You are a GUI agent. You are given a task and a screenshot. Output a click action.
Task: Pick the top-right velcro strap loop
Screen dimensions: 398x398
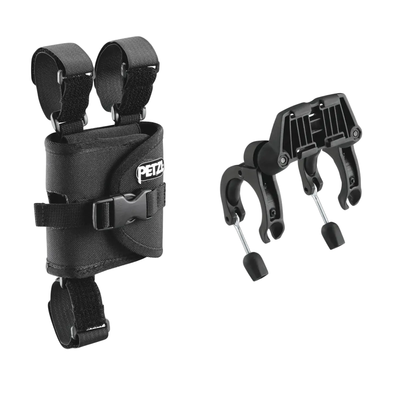pyautogui.click(x=127, y=76)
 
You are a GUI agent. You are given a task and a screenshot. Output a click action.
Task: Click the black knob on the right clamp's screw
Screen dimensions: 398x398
pyautogui.click(x=333, y=236)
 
